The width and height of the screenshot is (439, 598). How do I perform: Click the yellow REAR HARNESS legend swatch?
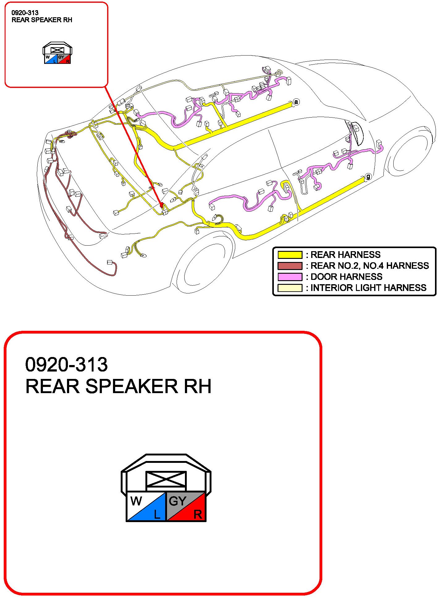coord(290,255)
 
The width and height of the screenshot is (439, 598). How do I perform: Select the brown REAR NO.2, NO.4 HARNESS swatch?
coord(290,266)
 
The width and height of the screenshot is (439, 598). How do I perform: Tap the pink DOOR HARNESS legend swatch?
coord(290,277)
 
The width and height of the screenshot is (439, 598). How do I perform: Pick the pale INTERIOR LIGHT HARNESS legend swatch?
coord(290,288)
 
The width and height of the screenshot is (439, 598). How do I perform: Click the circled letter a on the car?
coord(296,102)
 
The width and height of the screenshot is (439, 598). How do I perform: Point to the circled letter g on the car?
coord(368,176)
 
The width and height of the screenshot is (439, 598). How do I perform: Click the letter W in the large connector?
coord(136,500)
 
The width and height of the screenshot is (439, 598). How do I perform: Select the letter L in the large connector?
coord(157,514)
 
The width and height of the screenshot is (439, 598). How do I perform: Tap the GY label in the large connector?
coord(178,501)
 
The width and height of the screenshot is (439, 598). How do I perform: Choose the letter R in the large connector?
coord(198,514)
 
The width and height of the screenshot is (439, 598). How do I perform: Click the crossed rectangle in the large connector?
coord(166,479)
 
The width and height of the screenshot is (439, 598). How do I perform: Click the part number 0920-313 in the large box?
coord(66,364)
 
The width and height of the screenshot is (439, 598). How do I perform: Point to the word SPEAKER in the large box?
coord(132,386)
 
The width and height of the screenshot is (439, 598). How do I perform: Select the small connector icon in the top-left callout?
coord(57,53)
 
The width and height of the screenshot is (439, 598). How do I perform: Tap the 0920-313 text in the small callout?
coord(25,13)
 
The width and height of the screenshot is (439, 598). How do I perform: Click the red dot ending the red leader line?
coord(161,204)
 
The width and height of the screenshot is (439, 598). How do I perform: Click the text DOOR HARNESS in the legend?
coord(346,277)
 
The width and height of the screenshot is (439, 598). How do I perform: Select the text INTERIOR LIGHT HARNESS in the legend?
coord(368,288)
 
